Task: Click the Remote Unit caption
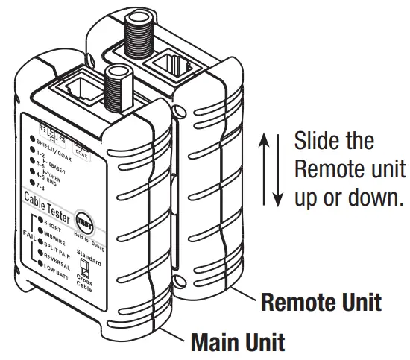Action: click(321, 303)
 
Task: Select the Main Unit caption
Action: click(237, 343)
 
